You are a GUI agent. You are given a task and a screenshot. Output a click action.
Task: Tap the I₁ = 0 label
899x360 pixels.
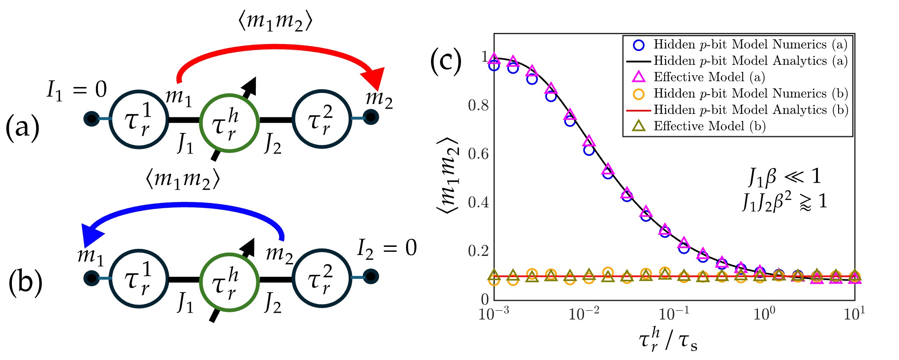76,90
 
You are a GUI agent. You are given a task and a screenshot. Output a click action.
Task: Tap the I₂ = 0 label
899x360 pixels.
387,248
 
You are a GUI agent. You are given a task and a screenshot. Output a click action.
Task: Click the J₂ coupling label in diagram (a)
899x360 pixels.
273,143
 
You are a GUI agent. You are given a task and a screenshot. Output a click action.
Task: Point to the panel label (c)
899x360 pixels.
445,61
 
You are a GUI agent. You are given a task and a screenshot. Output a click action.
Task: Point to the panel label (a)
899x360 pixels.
22,128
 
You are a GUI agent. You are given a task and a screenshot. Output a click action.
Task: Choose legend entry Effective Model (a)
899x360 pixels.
709,77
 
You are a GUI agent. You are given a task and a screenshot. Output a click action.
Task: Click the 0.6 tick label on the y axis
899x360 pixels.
478,154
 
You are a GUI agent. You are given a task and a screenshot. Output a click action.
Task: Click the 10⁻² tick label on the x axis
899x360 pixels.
584,314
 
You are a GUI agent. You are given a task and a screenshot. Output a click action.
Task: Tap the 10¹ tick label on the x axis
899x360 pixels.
854,314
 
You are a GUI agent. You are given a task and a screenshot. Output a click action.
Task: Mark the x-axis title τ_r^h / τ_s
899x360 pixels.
668,340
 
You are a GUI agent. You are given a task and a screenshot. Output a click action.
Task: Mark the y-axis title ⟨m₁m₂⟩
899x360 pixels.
448,175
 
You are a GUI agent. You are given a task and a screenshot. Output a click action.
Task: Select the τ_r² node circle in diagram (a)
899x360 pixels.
321,119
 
